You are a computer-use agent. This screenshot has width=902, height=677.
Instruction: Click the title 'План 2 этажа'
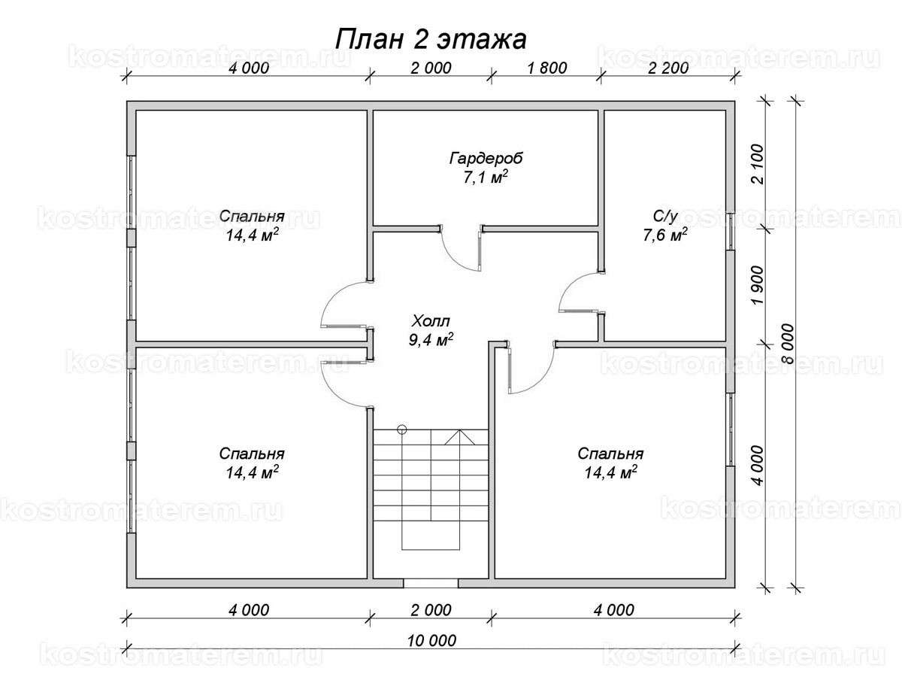[430, 38]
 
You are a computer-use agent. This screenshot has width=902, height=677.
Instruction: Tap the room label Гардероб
[486, 159]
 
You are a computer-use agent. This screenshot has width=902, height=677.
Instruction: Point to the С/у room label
[665, 217]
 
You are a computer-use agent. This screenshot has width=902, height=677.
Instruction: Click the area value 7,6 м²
[665, 235]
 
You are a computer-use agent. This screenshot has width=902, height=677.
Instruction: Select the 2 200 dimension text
[667, 68]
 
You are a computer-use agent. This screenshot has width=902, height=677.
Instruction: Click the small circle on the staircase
[402, 430]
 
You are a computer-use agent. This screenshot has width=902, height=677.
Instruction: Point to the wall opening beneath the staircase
[431, 583]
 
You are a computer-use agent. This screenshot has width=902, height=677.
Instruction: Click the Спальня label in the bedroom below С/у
[610, 454]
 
